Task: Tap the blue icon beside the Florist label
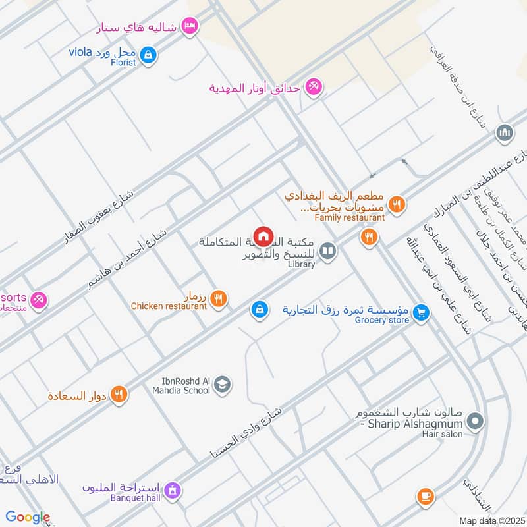(x=149, y=53)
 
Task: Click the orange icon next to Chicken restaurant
(x=220, y=298)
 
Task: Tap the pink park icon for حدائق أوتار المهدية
(x=314, y=87)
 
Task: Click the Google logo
(x=28, y=517)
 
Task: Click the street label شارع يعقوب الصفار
(x=99, y=217)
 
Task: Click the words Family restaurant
(x=349, y=217)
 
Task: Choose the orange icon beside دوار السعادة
(x=119, y=395)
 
